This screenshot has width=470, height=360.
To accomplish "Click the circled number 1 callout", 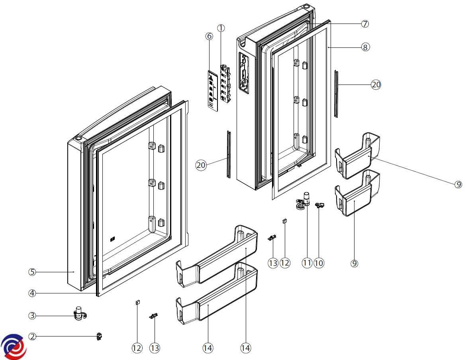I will coord(221,28).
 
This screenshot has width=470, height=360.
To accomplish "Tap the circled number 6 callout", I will coord(209,36).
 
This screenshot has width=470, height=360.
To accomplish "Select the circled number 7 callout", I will coord(364,24).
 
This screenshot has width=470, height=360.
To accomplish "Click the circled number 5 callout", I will coord(32,272).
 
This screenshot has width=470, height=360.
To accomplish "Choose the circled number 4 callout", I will coord(32,293).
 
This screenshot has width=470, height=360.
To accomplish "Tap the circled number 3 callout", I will coord(32,315).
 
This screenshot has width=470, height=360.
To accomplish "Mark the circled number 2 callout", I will coord(32,336).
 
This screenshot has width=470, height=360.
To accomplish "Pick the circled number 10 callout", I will coord(319,263).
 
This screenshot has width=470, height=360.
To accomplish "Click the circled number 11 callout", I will coord(306,263).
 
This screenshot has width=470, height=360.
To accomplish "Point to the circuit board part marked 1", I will coord(227,80).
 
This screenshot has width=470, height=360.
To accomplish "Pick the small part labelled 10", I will coord(319,205).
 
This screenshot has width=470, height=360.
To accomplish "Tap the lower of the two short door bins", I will coord(356,193).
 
